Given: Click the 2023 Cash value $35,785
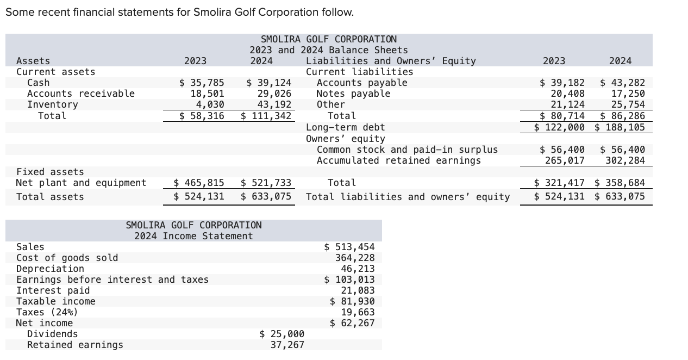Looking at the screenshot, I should (202, 83).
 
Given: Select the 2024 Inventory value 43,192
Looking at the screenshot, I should (274, 104).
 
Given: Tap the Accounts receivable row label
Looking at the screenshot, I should (80, 94).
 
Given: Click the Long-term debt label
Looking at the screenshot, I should (345, 127).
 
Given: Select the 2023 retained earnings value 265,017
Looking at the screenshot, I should (565, 160).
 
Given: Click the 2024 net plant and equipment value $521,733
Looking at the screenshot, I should (266, 183).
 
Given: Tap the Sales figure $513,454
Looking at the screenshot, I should (349, 247).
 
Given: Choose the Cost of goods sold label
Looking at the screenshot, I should (67, 258).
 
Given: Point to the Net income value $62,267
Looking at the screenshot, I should (352, 323).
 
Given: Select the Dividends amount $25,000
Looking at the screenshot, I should (282, 334).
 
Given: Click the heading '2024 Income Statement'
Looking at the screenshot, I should (193, 236).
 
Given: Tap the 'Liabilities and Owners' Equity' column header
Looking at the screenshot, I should (391, 61).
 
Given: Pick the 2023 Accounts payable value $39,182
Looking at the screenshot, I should (562, 83).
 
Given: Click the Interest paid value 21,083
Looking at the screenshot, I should (357, 290).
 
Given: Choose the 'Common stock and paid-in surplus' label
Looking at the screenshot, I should (407, 150).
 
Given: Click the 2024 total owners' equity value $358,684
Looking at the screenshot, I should (620, 183).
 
